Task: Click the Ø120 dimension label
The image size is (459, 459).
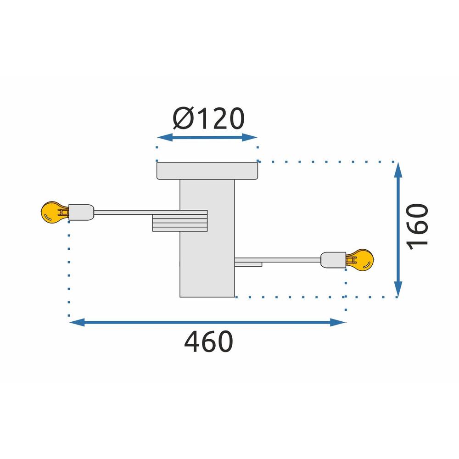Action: point(208,119)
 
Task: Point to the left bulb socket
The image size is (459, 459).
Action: point(81,212)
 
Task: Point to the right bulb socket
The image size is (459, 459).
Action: point(333,260)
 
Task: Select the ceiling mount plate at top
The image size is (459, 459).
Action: point(207,171)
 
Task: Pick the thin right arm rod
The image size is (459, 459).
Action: point(285,260)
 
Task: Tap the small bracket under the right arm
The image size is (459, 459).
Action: point(248,264)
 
